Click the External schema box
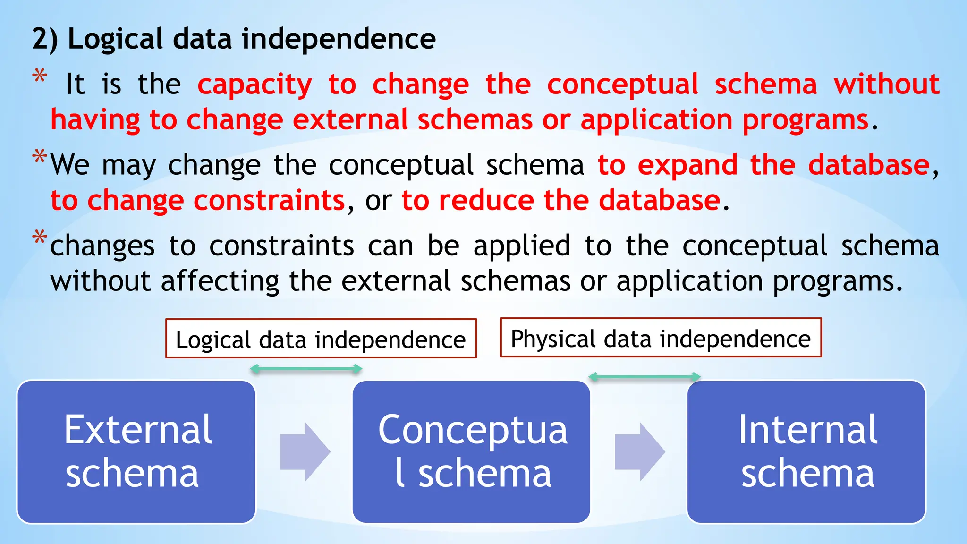click(x=136, y=452)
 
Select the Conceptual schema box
click(x=471, y=452)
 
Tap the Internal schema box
click(x=806, y=452)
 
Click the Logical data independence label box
click(x=321, y=339)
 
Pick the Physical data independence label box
click(x=661, y=338)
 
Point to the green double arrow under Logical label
click(x=306, y=369)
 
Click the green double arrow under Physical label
click(x=645, y=376)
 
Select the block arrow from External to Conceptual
click(x=305, y=452)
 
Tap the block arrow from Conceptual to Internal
click(x=639, y=452)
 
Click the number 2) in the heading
click(x=45, y=39)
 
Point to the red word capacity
click(x=254, y=85)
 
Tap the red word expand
click(x=687, y=165)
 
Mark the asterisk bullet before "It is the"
click(x=40, y=76)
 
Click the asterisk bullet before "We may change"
click(x=40, y=156)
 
